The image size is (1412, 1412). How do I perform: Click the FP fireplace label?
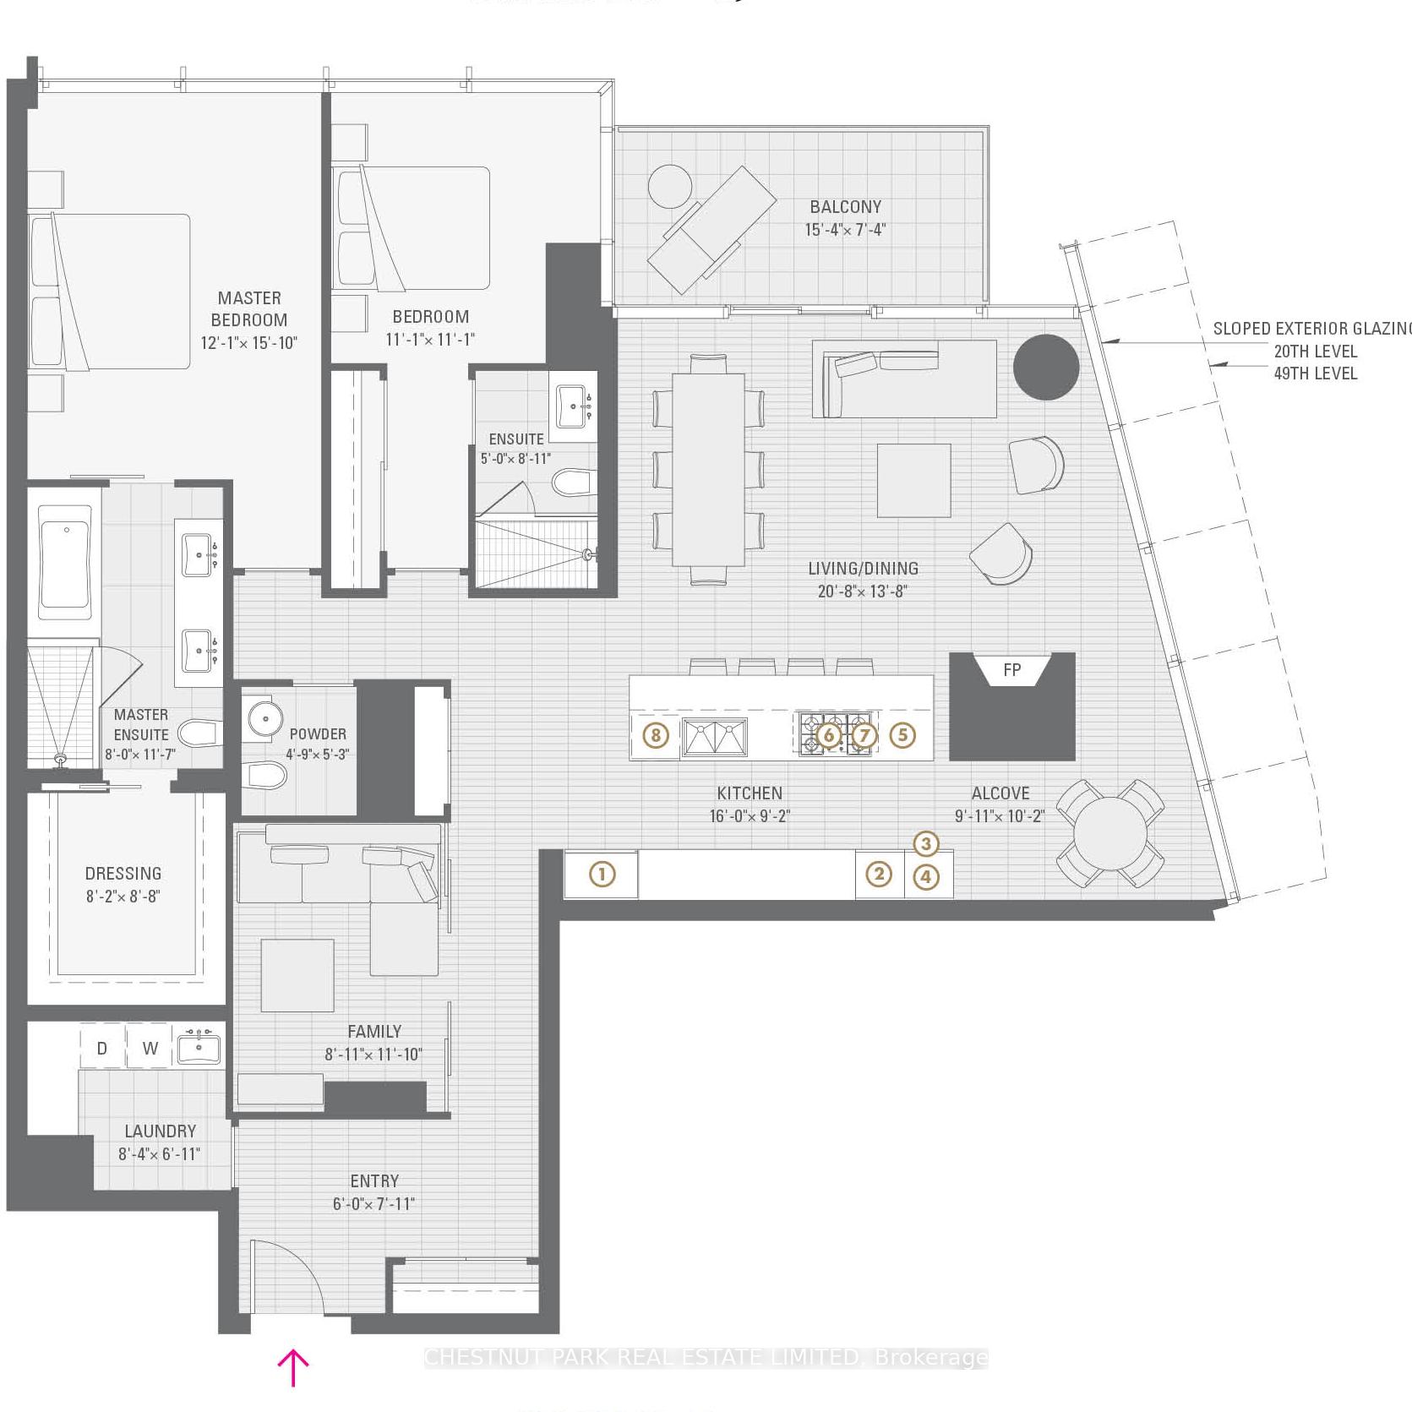[1011, 670]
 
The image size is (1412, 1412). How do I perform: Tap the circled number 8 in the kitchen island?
[656, 735]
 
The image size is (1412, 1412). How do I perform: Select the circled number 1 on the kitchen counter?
[602, 874]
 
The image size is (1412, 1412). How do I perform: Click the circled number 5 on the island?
[902, 735]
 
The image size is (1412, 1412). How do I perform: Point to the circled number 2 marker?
[879, 874]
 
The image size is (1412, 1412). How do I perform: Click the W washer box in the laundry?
[150, 1049]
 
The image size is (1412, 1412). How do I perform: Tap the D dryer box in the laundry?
[102, 1049]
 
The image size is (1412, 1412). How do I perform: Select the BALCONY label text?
[845, 207]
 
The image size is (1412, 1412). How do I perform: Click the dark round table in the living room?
[1045, 368]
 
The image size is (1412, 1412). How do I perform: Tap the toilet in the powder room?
[265, 773]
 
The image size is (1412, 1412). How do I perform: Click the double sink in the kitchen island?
[715, 737]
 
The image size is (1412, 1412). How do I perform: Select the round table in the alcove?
[1110, 834]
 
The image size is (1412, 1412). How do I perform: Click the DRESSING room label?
[123, 874]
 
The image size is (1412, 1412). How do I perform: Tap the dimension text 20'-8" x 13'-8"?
[863, 592]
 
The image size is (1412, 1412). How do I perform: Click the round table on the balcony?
[670, 186]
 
